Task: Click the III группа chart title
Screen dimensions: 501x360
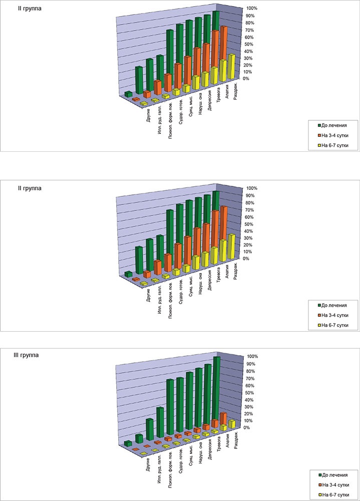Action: click(x=26, y=355)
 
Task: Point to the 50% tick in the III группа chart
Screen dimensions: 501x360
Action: click(x=249, y=393)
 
